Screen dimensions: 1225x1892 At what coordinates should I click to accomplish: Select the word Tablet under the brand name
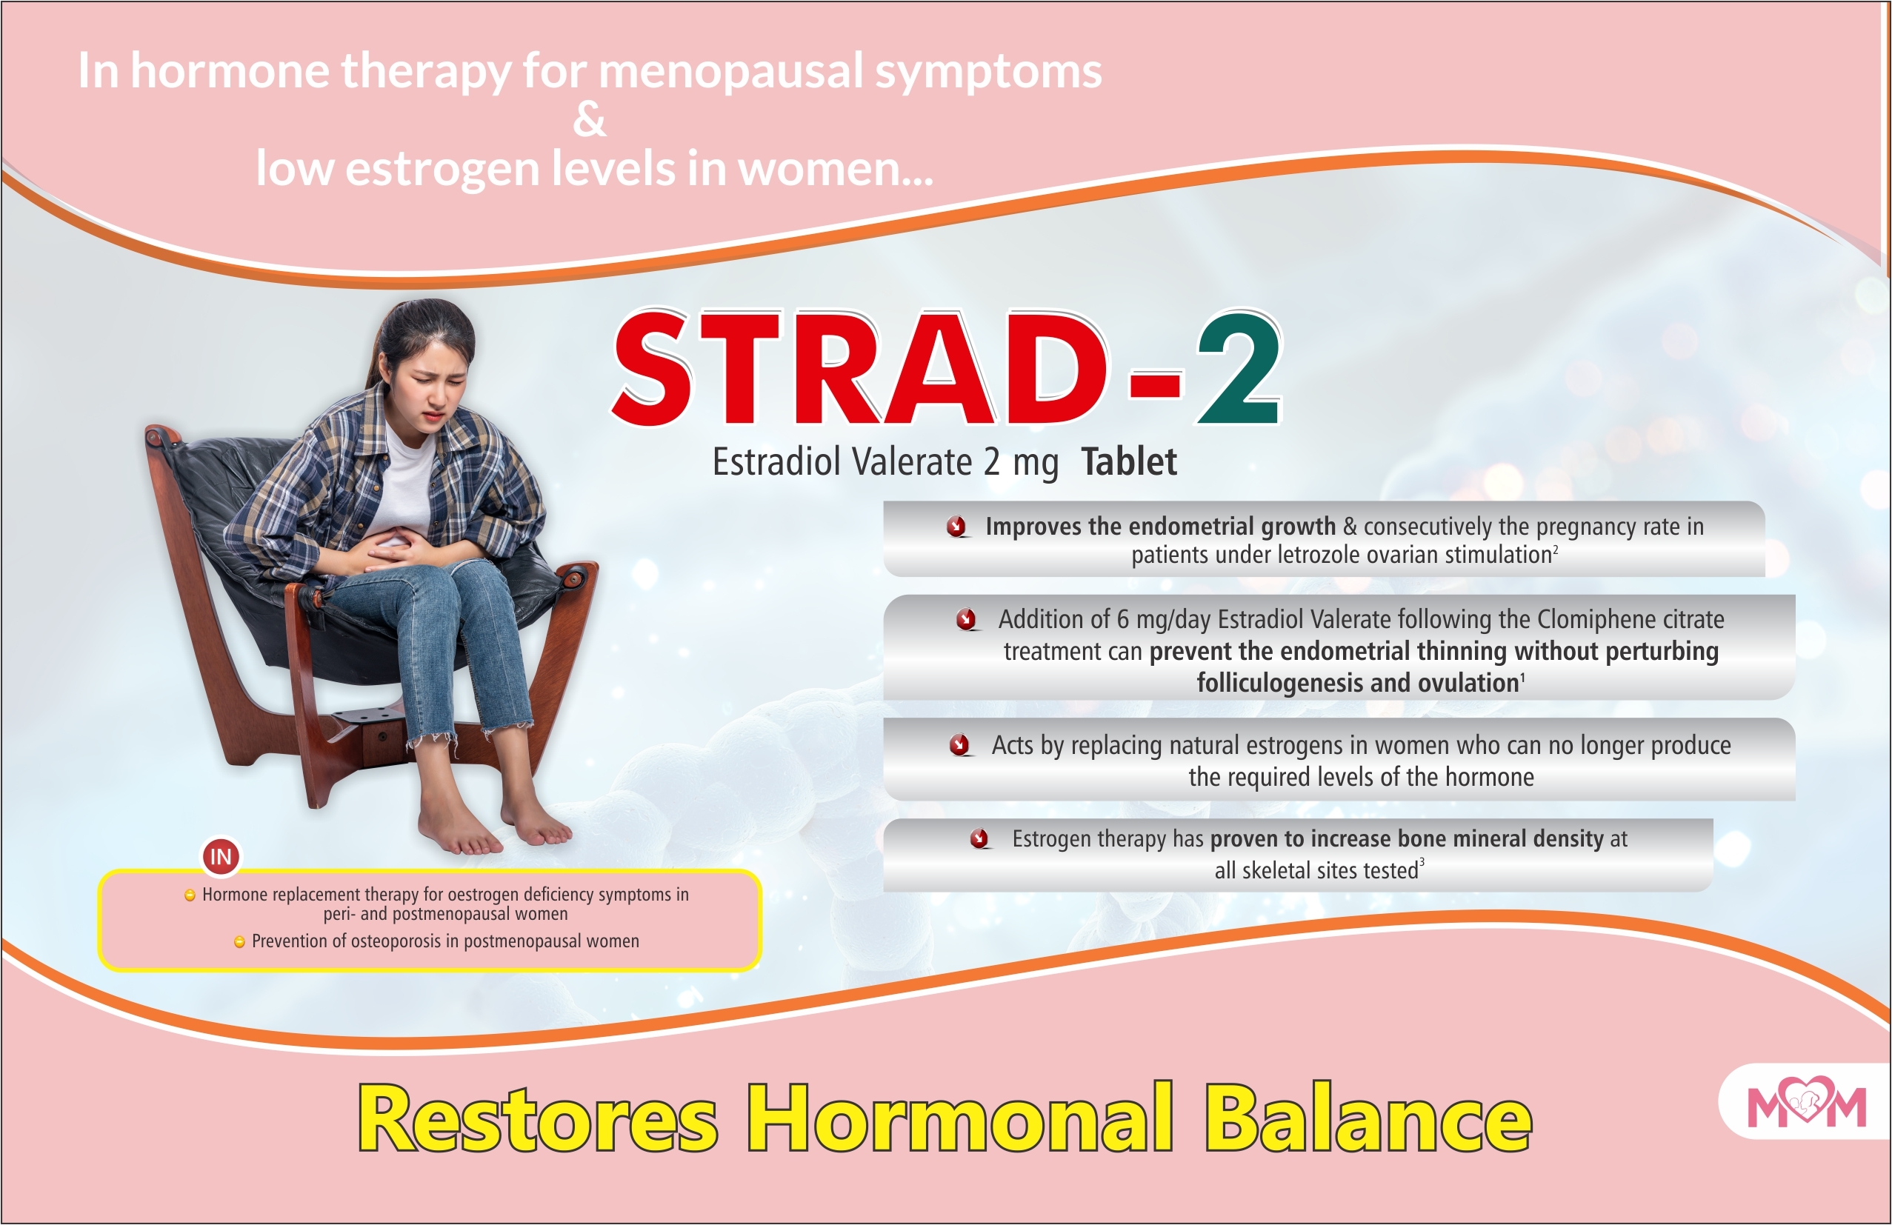click(1128, 462)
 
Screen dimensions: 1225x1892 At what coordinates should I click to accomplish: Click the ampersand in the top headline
click(589, 120)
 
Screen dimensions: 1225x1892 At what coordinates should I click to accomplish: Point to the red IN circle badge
click(221, 856)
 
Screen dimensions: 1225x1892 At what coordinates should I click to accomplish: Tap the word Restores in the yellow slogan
click(537, 1119)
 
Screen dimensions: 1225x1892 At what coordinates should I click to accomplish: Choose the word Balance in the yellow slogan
click(1368, 1119)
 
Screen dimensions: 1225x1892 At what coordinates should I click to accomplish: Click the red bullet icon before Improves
click(957, 527)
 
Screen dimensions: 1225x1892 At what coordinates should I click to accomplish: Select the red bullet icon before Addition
click(967, 619)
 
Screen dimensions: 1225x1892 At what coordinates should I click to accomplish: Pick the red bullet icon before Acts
click(960, 745)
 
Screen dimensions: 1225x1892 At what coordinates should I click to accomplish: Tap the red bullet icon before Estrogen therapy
click(980, 838)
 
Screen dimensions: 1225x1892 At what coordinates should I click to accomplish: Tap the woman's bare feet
click(493, 831)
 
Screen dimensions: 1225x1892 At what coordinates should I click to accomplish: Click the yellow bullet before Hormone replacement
click(190, 896)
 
